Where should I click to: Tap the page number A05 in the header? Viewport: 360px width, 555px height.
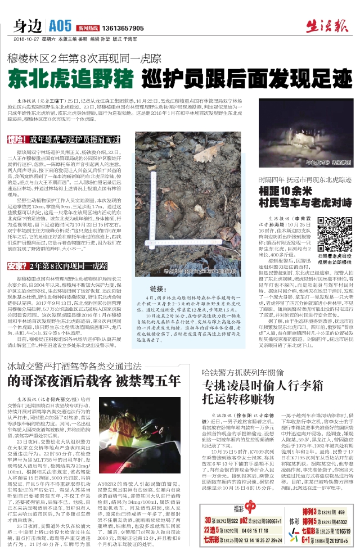(60, 25)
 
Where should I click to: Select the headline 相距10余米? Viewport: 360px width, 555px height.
(285, 191)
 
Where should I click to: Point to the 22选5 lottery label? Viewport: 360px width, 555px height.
(211, 530)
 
